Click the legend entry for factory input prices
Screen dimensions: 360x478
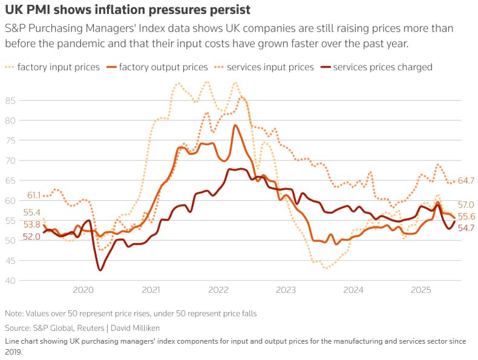coord(59,67)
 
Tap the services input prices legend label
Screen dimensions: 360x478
coord(270,67)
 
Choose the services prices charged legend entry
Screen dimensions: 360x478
coord(382,67)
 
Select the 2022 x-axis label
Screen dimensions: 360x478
coord(218,290)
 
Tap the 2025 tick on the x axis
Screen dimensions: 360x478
coord(421,290)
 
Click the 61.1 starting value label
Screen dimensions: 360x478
coord(34,195)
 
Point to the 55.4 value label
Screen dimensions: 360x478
coord(31,212)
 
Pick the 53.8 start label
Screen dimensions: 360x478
coord(31,224)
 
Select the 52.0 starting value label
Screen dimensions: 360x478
coord(31,237)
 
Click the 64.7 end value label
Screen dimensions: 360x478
coord(466,180)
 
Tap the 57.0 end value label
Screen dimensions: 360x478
coord(466,205)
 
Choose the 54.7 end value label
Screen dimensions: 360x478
coord(466,227)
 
